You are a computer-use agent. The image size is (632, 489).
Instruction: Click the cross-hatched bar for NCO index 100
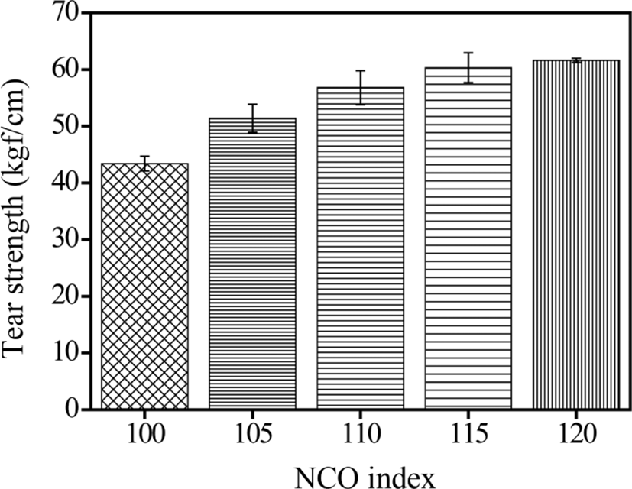[x=144, y=287]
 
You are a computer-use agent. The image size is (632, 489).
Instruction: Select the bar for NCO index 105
[x=252, y=264]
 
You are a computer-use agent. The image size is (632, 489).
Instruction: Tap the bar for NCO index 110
[x=361, y=248]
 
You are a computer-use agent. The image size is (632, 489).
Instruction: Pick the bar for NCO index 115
[x=468, y=238]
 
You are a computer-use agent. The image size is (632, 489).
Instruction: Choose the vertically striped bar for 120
[x=576, y=235]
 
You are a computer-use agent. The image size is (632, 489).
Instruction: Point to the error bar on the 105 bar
[x=252, y=118]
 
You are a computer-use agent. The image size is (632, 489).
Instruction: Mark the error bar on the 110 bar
[x=361, y=87]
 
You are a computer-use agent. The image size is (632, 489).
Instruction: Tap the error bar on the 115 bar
[x=468, y=68]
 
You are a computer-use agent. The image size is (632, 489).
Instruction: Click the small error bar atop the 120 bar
[x=576, y=60]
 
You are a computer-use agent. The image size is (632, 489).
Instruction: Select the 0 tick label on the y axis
[x=73, y=410]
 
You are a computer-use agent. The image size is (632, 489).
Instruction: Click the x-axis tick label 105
[x=253, y=435]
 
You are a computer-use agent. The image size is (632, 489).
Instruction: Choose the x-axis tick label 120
[x=577, y=435]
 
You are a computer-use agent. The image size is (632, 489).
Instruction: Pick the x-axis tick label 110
[x=361, y=435]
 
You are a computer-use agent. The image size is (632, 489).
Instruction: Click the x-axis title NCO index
[x=366, y=478]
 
